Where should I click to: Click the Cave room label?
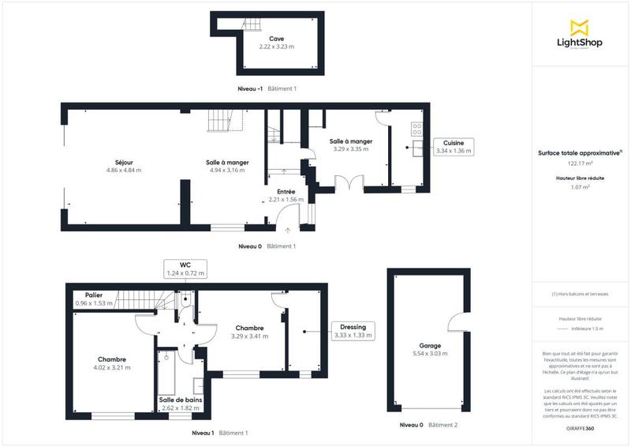pyautogui.click(x=276, y=39)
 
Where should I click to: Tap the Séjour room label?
pyautogui.click(x=123, y=162)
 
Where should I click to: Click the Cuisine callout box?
pyautogui.click(x=454, y=146)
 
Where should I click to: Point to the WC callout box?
pyautogui.click(x=185, y=269)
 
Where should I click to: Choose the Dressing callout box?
pyautogui.click(x=353, y=331)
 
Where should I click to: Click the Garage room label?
pyautogui.click(x=430, y=345)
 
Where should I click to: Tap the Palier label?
pyautogui.click(x=94, y=295)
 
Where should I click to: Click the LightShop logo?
pyautogui.click(x=580, y=36)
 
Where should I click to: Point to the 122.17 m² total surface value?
pyautogui.click(x=580, y=163)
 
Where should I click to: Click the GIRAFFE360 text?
pyautogui.click(x=580, y=427)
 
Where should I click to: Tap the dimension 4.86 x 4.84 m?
pyautogui.click(x=123, y=170)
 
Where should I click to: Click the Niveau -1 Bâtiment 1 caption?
pyautogui.click(x=267, y=88)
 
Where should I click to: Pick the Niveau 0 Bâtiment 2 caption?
pyautogui.click(x=428, y=425)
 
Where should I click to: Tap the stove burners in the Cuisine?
pyautogui.click(x=416, y=129)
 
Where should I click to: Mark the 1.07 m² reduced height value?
pyautogui.click(x=580, y=188)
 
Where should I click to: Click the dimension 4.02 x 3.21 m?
pyautogui.click(x=113, y=367)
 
